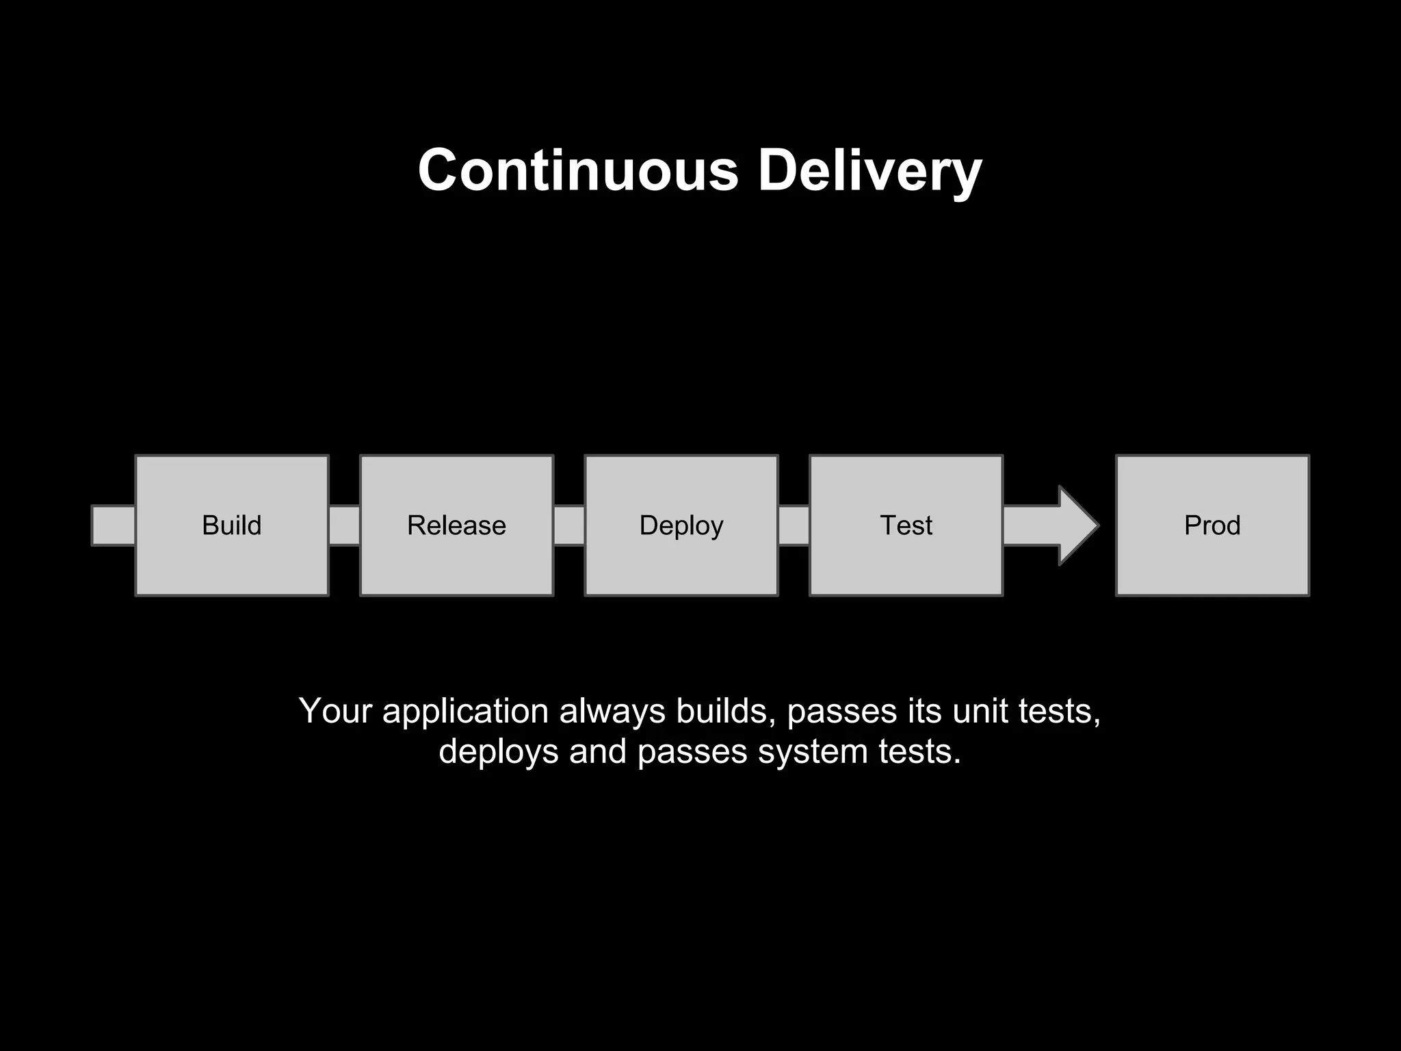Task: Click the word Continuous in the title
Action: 578,170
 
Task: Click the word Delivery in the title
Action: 869,170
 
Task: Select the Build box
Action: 232,525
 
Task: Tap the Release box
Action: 456,525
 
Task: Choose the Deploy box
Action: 681,525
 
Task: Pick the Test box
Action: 906,525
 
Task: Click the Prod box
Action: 1212,525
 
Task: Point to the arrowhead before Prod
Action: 1077,525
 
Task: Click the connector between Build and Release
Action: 344,525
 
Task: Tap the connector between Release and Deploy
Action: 569,525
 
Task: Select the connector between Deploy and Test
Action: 794,525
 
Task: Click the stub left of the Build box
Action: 114,525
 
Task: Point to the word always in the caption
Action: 612,712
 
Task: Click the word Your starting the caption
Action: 335,712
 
